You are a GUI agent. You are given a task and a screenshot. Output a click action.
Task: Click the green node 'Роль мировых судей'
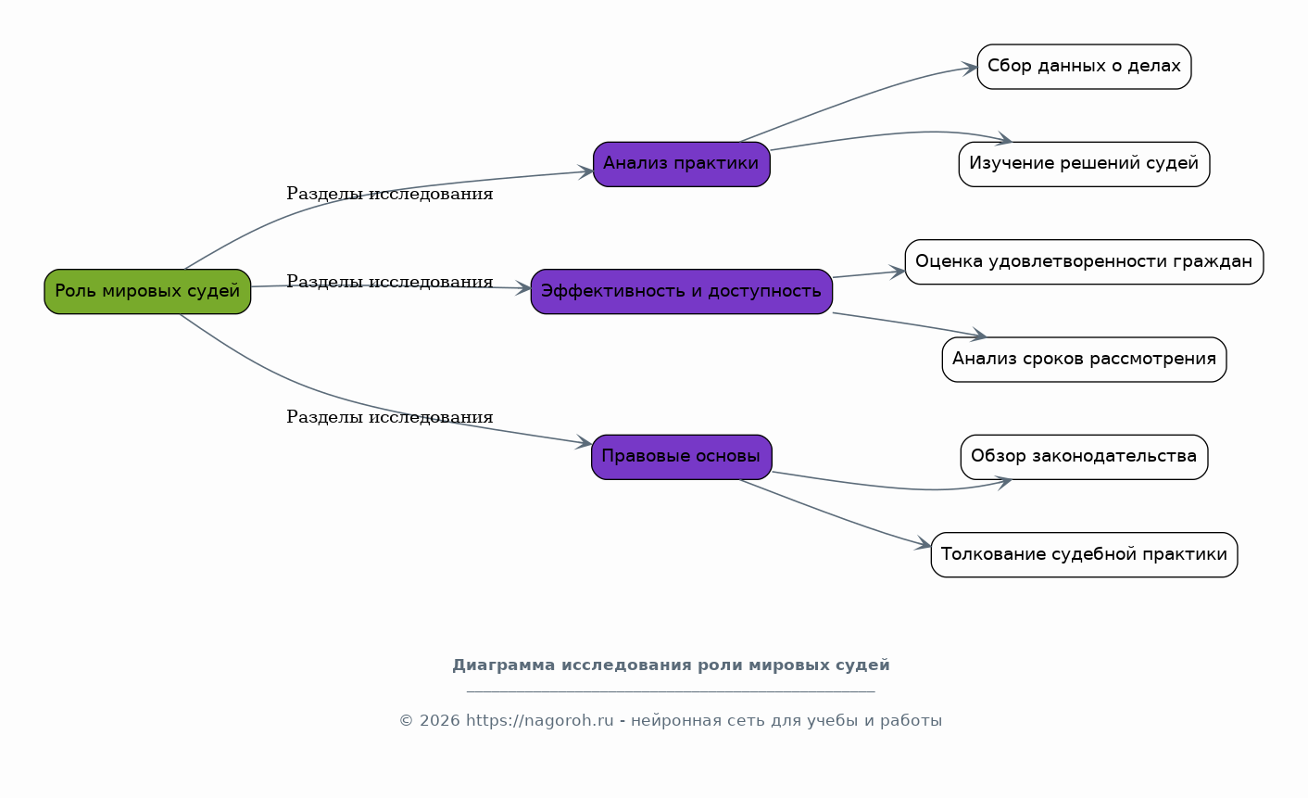tap(147, 292)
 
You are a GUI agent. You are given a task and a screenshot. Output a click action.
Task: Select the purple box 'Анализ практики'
tap(682, 164)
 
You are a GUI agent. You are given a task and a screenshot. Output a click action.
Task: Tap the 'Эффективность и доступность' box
tap(682, 292)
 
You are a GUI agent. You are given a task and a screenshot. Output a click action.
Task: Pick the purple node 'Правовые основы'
tap(682, 457)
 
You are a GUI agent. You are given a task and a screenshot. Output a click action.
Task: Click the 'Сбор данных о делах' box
tap(1084, 67)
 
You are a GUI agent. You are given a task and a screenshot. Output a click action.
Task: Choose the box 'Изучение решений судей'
tap(1084, 164)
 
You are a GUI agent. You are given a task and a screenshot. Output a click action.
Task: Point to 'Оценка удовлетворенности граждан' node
tap(1084, 261)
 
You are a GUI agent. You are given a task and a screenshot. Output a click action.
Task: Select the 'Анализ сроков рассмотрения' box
tap(1084, 360)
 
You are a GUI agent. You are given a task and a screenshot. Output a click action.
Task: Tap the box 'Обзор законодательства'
tap(1084, 457)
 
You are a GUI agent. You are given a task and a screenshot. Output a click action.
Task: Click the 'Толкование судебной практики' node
tap(1084, 554)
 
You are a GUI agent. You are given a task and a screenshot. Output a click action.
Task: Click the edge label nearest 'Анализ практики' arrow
tap(389, 194)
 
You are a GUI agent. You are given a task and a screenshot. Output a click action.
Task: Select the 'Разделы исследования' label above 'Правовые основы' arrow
tap(389, 416)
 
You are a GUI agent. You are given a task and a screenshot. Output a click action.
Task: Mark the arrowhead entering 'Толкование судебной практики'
tap(924, 543)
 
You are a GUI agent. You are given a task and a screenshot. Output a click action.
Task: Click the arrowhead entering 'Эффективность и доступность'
tap(523, 288)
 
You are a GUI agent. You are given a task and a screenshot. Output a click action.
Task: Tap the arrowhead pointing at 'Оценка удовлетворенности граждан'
tap(898, 272)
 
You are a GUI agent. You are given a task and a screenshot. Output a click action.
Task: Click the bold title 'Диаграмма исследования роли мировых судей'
tap(671, 665)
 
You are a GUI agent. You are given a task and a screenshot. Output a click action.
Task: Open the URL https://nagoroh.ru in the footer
tap(539, 720)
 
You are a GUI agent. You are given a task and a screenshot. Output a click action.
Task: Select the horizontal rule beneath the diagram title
tap(671, 691)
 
